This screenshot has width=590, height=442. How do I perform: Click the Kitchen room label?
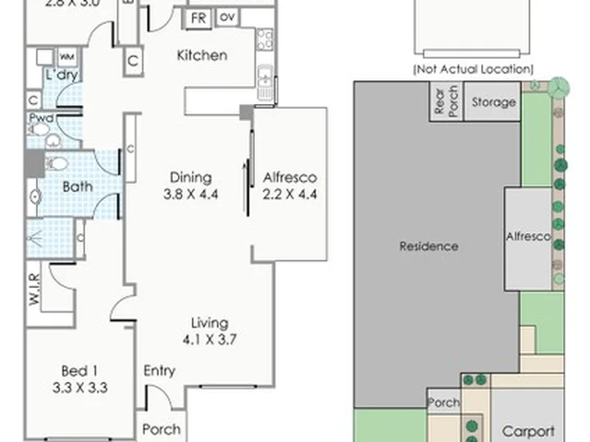[x=202, y=56]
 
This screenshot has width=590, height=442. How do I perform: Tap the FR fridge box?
[x=198, y=18]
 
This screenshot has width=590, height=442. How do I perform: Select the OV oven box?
[x=227, y=17]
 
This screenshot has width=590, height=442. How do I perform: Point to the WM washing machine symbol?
[x=67, y=57]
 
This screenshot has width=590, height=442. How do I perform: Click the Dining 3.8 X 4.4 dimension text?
[x=191, y=194]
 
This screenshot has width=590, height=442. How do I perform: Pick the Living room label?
[x=210, y=323]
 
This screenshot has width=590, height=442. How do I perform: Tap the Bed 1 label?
[x=79, y=372]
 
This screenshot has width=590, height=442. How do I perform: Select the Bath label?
[x=78, y=187]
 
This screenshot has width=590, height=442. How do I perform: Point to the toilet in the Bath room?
[x=56, y=164]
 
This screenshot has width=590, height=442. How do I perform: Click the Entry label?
[x=159, y=372]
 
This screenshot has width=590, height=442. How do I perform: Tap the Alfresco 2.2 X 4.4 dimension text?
[x=290, y=194]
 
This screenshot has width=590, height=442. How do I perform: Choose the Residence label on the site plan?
[x=429, y=246]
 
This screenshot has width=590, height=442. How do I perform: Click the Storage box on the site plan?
[x=492, y=101]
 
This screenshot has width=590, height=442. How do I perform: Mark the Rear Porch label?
[x=446, y=100]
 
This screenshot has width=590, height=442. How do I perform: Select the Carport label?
[x=528, y=432]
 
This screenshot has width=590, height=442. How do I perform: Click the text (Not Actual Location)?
[x=474, y=69]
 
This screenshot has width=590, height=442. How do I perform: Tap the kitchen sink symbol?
[x=265, y=76]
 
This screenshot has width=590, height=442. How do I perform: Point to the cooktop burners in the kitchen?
[x=265, y=40]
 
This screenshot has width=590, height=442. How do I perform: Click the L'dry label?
[x=62, y=74]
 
